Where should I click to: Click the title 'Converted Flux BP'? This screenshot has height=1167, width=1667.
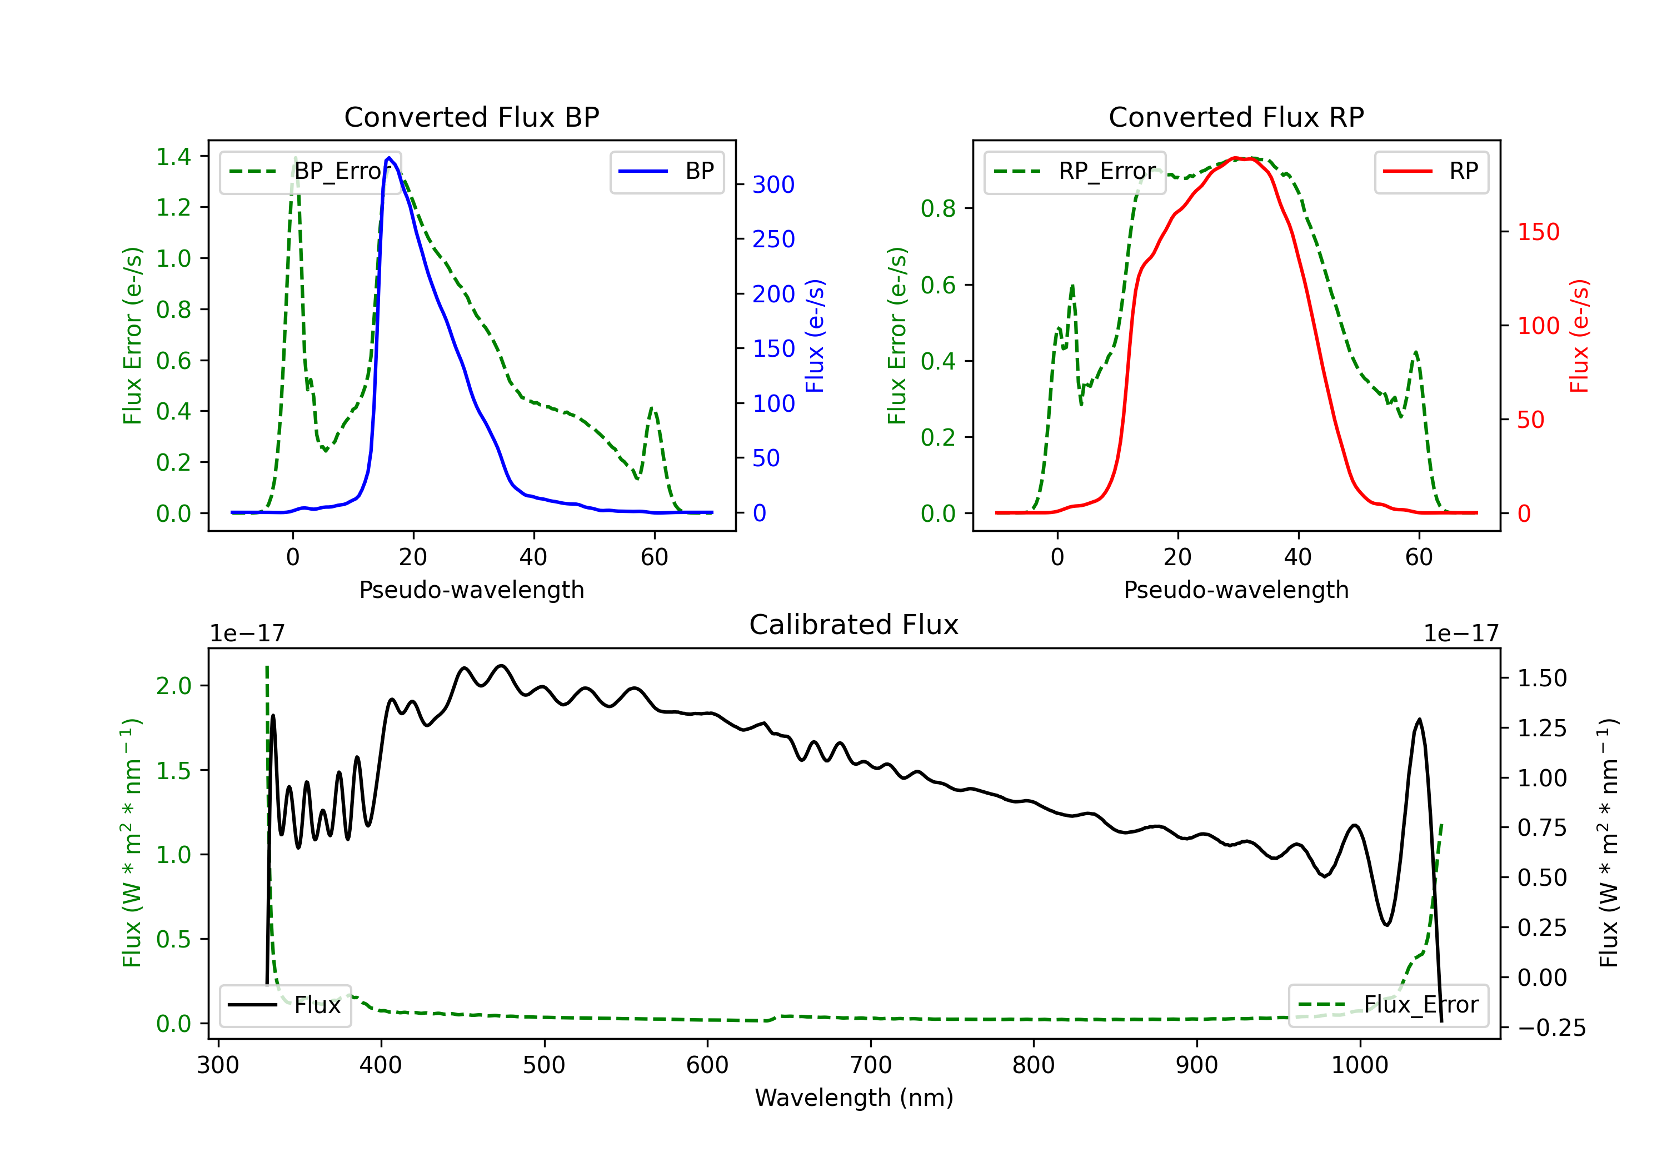click(472, 117)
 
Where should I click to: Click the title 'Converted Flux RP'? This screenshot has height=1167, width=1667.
click(1236, 117)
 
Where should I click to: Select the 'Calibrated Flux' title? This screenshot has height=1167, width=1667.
click(854, 625)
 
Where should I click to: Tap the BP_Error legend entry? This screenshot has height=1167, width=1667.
click(310, 171)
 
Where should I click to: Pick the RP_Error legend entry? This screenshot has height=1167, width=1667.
click(1075, 171)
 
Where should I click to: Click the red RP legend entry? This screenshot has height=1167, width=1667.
click(1431, 171)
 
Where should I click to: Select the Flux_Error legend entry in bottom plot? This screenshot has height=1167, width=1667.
click(1388, 1005)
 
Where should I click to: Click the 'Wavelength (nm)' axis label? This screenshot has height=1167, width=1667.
click(854, 1098)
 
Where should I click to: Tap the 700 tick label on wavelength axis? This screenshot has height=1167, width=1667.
click(871, 1065)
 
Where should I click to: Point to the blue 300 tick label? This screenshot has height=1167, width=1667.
click(773, 184)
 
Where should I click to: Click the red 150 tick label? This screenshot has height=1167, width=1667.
click(1539, 232)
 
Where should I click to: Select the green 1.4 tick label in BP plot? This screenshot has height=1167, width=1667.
click(173, 156)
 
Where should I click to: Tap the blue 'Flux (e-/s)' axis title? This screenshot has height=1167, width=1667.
click(815, 336)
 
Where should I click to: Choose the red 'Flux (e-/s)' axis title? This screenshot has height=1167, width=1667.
click(1580, 336)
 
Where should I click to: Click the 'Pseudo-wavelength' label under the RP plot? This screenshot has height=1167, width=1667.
click(1236, 590)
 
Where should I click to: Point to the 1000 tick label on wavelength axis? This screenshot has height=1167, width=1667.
click(1360, 1065)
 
